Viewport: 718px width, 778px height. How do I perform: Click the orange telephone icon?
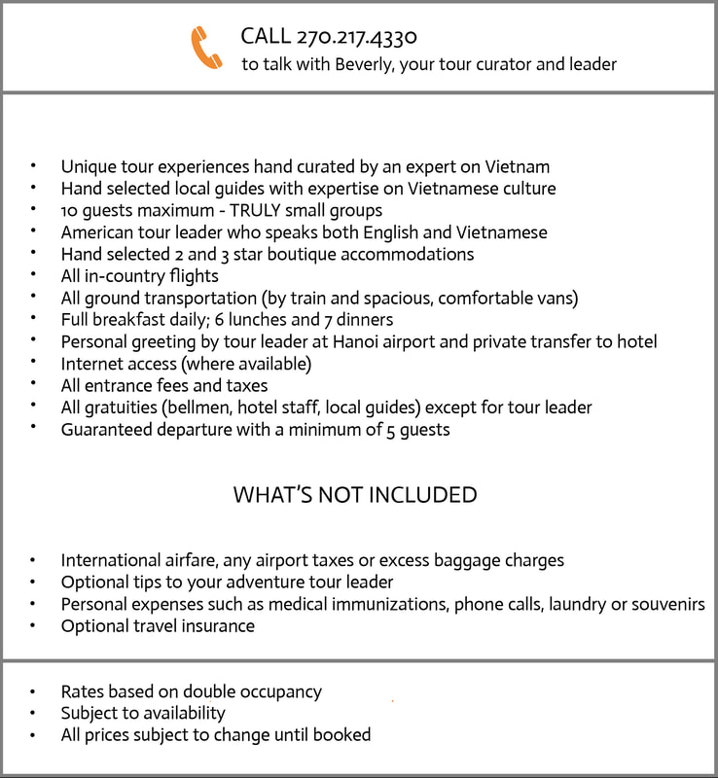point(206,48)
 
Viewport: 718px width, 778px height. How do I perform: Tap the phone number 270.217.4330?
point(356,37)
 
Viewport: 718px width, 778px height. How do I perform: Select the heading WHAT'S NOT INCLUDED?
point(355,495)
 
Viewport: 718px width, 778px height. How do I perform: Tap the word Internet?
point(94,364)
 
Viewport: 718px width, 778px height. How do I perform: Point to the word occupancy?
point(273,692)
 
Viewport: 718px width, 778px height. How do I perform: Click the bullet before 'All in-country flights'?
point(35,276)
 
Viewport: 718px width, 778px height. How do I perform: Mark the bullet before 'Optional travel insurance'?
point(35,626)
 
